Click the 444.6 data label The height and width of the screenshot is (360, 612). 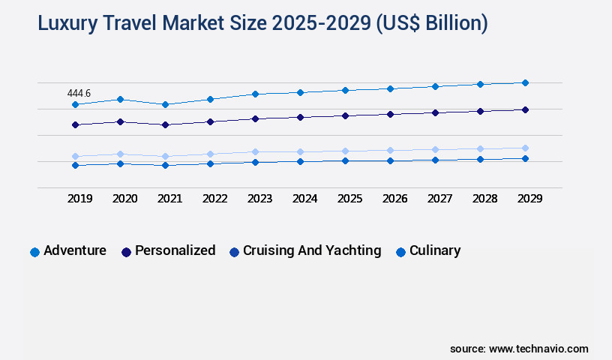79,93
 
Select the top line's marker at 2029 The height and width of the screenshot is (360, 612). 525,82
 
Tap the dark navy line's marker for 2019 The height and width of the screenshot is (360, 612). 75,124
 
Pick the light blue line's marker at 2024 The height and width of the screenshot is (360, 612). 300,151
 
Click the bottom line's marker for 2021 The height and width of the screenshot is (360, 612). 165,165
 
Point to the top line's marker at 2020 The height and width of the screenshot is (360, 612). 120,99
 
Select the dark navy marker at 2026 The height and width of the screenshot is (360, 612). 390,114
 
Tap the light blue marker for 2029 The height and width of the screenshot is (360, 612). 525,148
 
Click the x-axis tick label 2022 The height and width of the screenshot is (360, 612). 214,199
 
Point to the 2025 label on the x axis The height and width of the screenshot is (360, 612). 349,199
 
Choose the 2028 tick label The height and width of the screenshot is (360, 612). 484,199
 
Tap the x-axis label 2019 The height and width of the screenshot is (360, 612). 79,199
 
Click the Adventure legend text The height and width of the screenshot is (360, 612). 75,250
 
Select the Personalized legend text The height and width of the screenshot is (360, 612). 175,250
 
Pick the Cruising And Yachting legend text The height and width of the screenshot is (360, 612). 312,250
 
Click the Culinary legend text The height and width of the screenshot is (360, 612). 435,250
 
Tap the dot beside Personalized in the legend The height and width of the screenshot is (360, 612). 126,252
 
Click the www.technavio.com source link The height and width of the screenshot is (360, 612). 538,349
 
